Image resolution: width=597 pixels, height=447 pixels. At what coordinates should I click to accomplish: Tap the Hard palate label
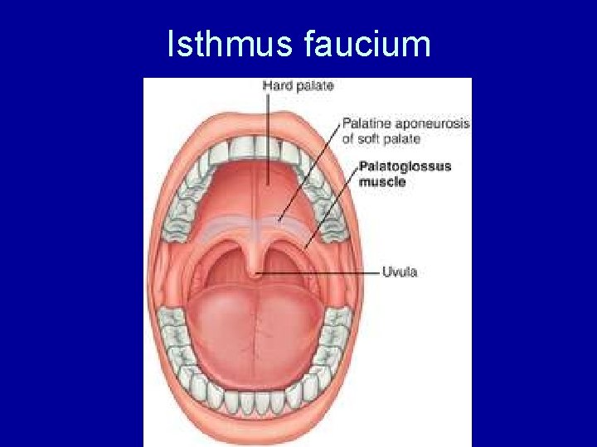[x=298, y=85]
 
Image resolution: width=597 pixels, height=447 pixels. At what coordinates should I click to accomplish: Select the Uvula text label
[x=399, y=272]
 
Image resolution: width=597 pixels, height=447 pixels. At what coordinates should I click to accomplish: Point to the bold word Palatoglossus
[x=405, y=166]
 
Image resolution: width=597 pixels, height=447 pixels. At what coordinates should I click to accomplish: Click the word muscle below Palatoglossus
[x=381, y=181]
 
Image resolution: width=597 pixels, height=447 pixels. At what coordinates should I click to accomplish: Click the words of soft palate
[x=381, y=138]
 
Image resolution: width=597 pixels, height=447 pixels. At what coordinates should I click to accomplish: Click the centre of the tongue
[x=257, y=323]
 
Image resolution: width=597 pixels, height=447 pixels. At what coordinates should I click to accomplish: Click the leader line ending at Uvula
[x=323, y=272]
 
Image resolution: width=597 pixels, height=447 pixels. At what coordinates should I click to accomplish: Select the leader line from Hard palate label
[x=267, y=132]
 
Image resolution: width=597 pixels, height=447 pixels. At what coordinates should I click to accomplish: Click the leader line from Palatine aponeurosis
[x=311, y=170]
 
